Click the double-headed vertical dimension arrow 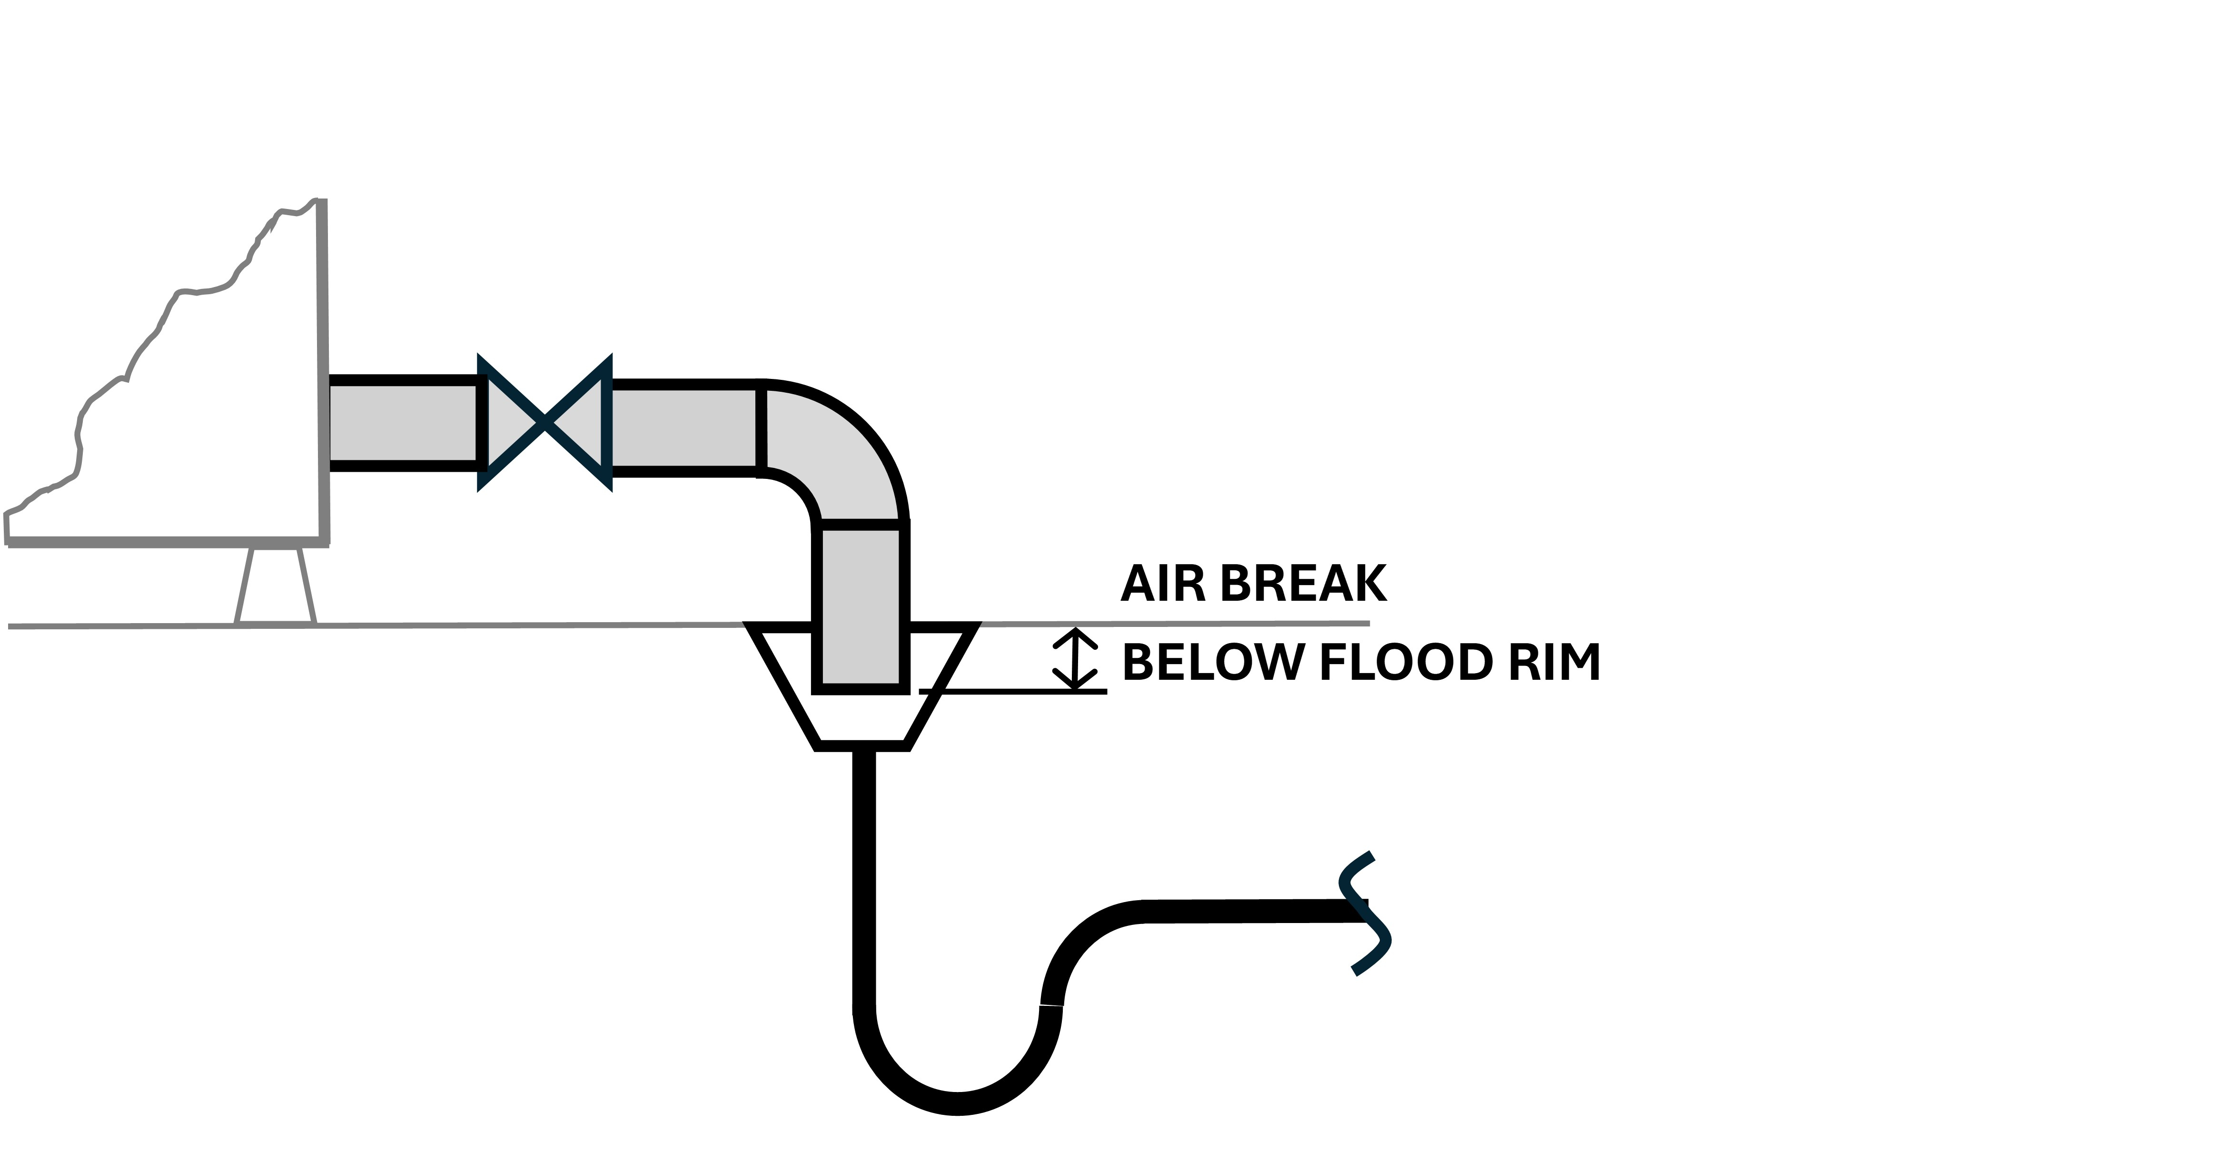tap(1075, 659)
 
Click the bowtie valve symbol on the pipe tap(545, 422)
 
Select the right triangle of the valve tap(579, 422)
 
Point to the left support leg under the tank tap(245, 586)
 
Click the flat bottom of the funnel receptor tap(862, 745)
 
